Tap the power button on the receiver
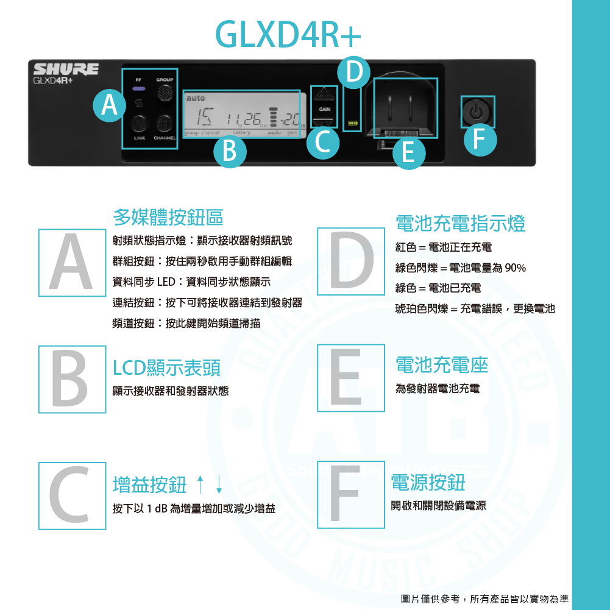coord(477,112)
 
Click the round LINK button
coord(140,123)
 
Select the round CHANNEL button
coord(163,123)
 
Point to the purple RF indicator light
coord(139,89)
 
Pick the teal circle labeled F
coord(480,140)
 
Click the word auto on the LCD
coord(196,98)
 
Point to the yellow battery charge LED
coord(352,123)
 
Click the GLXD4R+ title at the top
coord(289,35)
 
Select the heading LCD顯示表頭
coord(167,367)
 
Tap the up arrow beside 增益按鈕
coord(200,485)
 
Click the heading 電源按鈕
coord(428,483)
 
